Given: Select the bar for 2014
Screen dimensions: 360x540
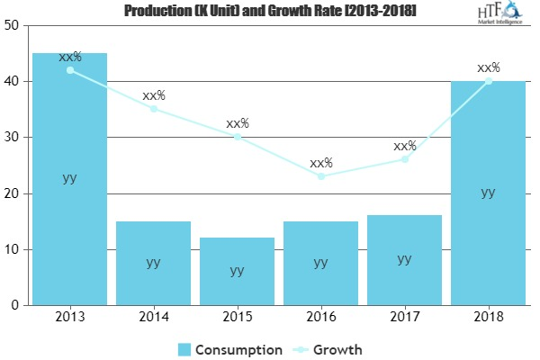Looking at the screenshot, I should tap(153, 263).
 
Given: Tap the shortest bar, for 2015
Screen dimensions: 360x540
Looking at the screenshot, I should tap(237, 271).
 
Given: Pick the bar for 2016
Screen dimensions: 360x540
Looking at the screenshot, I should tap(320, 263).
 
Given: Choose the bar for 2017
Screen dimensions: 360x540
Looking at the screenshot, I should tap(404, 260).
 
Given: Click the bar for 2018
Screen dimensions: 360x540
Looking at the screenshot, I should tap(488, 193).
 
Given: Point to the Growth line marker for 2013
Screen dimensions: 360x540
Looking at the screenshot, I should tap(69, 70).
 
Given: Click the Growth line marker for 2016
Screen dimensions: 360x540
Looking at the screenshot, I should tap(320, 176).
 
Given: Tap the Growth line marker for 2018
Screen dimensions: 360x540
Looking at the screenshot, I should tap(488, 81).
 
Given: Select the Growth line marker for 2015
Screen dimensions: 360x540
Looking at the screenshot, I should tap(237, 137).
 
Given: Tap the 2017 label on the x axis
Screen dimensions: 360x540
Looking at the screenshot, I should tap(404, 318).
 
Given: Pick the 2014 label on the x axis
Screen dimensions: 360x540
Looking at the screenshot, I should tap(153, 318).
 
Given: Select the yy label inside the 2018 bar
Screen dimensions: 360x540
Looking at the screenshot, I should tap(488, 192).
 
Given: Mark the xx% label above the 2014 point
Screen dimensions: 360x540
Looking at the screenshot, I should tap(153, 95).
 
